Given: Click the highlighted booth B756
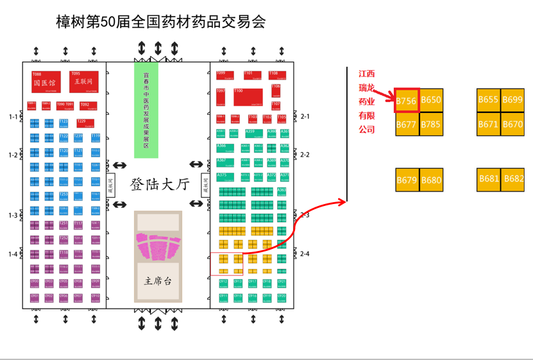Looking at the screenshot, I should point(407,101).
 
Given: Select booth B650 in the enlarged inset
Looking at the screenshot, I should point(431,100).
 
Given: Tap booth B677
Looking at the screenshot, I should point(407,124).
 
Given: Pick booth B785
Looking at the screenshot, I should point(431,124).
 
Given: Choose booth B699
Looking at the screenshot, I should point(512,99).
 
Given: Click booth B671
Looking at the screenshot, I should point(489,124).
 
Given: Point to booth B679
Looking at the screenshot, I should point(407,180).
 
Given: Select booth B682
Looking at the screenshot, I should point(513,179).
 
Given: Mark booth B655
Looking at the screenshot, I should point(489,99).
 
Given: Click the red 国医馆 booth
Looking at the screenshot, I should point(46,82).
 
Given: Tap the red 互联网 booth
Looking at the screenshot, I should point(84,81).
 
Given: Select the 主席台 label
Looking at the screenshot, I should point(158,280).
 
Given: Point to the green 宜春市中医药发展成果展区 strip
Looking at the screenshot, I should point(146,110).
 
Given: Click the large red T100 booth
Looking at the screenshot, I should point(248,96).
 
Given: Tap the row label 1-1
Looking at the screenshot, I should point(13,117).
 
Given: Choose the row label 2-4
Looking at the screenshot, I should point(305,254).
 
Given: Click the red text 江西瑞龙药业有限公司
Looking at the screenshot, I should point(366,101).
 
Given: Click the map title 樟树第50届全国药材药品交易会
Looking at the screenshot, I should point(161,23).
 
